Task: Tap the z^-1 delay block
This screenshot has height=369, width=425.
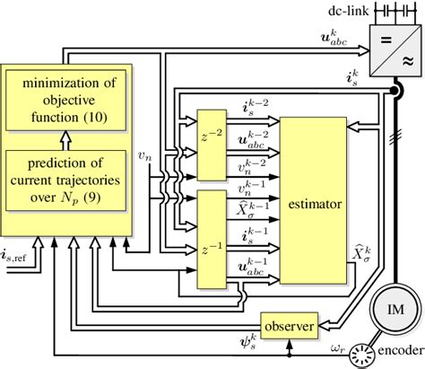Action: [x=212, y=248]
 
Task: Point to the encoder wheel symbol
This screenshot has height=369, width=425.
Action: [x=364, y=354]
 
